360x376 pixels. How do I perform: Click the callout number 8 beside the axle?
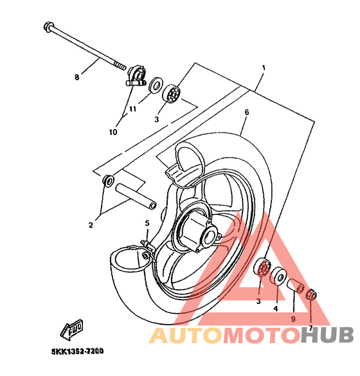[x=76, y=77]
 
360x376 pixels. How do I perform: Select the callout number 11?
[x=132, y=109]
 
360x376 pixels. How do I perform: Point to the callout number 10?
[x=113, y=132]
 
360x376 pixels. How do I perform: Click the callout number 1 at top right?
[x=264, y=68]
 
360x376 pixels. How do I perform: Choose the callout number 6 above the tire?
[x=247, y=112]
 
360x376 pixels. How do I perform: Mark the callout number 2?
[x=91, y=225]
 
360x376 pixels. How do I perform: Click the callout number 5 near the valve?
[x=147, y=223]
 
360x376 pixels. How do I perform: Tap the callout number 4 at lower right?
[x=276, y=309]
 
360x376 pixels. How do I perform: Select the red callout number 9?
[x=293, y=319]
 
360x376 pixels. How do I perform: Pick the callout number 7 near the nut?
[x=310, y=328]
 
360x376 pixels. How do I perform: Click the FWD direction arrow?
[x=72, y=329]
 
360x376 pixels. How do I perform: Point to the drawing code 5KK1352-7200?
[x=78, y=352]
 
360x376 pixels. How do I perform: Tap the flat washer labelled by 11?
[x=155, y=85]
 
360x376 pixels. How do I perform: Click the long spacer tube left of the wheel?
[x=136, y=196]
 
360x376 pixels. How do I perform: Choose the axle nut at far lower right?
[x=312, y=294]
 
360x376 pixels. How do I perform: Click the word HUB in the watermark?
[x=327, y=336]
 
